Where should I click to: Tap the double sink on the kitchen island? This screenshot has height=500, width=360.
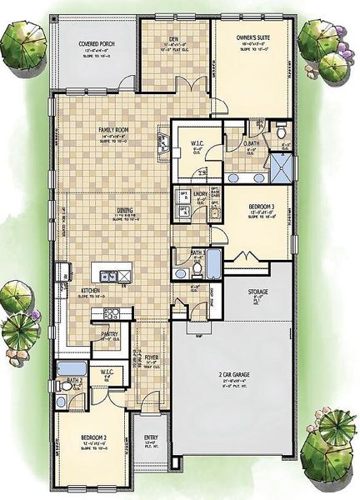pyautogui.click(x=108, y=276)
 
